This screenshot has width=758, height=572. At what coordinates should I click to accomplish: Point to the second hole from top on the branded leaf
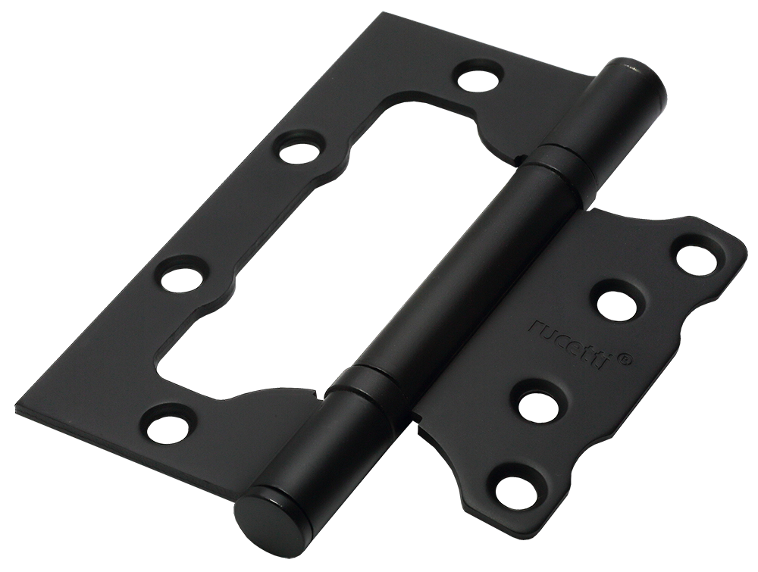617,306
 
